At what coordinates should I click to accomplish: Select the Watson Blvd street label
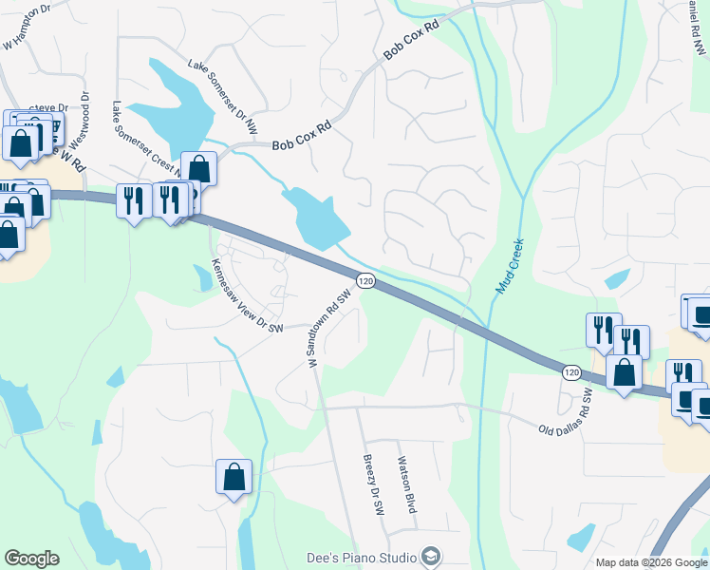click(405, 488)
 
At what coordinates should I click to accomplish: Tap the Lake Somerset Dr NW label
click(222, 95)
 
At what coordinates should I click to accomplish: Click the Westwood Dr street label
click(85, 112)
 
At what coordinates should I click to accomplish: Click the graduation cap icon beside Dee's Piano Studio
click(431, 557)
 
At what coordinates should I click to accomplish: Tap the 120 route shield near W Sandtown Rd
click(366, 281)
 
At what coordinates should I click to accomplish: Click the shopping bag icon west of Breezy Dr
click(234, 477)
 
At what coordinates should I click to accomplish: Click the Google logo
click(31, 559)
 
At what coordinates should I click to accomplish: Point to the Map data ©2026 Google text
click(650, 562)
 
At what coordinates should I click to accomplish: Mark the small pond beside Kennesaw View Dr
click(203, 277)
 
